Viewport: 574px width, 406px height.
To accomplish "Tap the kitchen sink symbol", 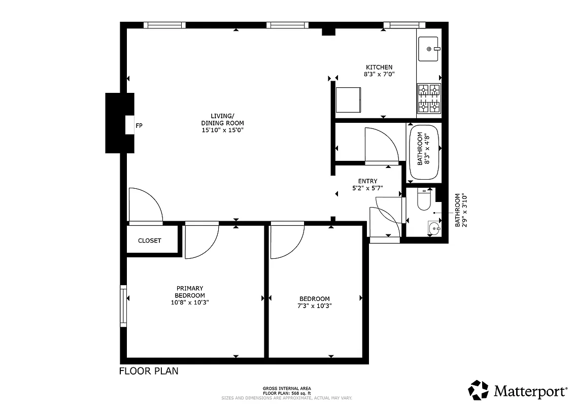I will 429,49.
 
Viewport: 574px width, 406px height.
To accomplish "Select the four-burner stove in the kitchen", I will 428,98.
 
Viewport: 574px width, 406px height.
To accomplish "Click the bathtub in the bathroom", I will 424,151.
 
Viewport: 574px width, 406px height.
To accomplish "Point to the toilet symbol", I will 424,201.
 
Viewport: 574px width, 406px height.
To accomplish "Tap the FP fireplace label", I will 139,125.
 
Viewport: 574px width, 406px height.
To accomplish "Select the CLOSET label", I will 149,241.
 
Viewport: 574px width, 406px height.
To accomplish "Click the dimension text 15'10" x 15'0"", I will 222,130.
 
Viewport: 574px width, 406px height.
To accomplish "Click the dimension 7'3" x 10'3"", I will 314,306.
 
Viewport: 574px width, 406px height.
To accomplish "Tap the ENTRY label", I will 367,181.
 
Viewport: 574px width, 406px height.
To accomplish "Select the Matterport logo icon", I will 478,390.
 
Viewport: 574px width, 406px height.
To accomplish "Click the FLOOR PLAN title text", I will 149,371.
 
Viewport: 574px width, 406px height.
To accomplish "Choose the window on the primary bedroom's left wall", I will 123,306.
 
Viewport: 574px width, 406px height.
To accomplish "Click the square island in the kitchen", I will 348,99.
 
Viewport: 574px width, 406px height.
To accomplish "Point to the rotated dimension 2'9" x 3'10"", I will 460,210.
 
